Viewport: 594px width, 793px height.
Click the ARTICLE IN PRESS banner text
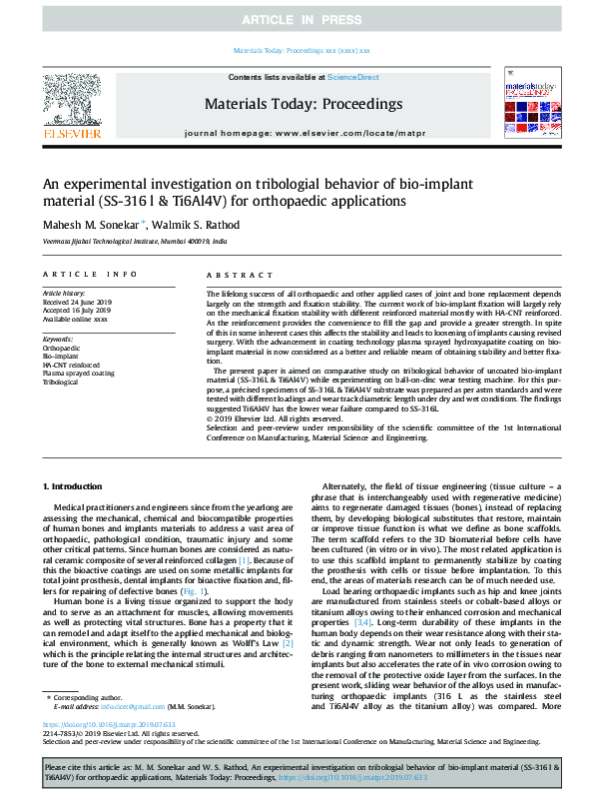(x=297, y=19)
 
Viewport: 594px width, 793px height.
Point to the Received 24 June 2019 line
(x=75, y=303)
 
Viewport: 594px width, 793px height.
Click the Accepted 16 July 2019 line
(x=74, y=311)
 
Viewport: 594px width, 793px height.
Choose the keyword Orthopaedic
(x=60, y=349)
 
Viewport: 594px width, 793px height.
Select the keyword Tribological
(x=61, y=382)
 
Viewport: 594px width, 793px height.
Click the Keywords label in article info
(x=58, y=340)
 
